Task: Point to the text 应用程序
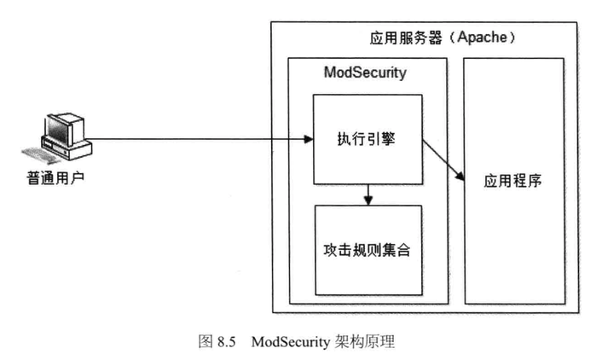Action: [x=513, y=182]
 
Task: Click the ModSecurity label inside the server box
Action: [x=365, y=73]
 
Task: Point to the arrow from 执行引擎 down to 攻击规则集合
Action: [x=367, y=195]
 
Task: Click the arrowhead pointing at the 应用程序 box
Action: [x=459, y=176]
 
